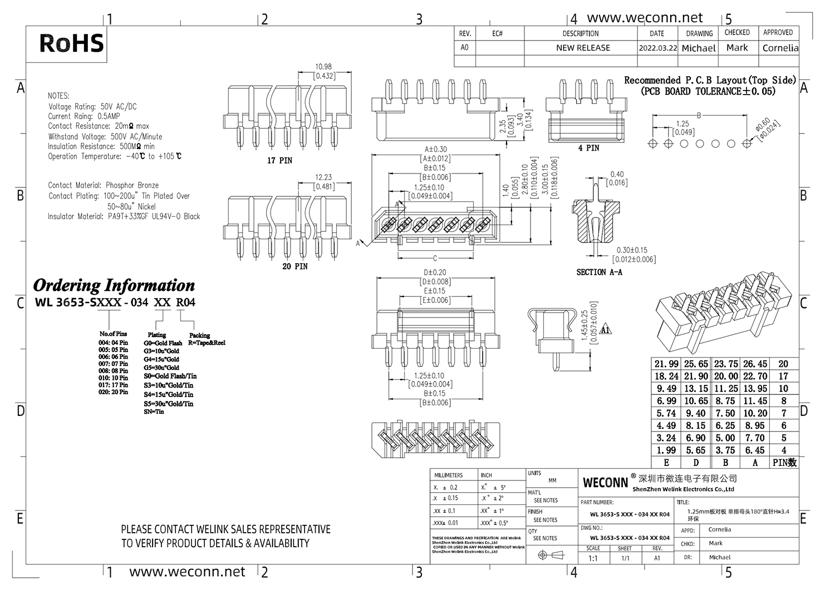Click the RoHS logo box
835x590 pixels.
pyautogui.click(x=71, y=44)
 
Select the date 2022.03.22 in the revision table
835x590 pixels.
pyautogui.click(x=657, y=48)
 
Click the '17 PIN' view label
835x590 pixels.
pyautogui.click(x=279, y=161)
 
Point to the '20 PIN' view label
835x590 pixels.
pyautogui.click(x=294, y=267)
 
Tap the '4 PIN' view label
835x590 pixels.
pyautogui.click(x=588, y=148)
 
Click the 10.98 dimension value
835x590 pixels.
pyautogui.click(x=323, y=67)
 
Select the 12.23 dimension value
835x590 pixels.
pyautogui.click(x=323, y=177)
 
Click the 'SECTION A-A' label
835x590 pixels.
pyautogui.click(x=599, y=272)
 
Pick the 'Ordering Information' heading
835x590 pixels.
pyautogui.click(x=114, y=286)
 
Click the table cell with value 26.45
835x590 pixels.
pyautogui.click(x=755, y=364)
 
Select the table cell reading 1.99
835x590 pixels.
pyautogui.click(x=666, y=450)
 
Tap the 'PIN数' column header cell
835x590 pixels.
pyautogui.click(x=784, y=463)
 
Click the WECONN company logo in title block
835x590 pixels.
pyautogui.click(x=605, y=482)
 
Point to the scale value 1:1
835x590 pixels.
pyautogui.click(x=593, y=558)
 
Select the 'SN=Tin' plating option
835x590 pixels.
pyautogui.click(x=154, y=412)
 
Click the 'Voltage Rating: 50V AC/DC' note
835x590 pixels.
pyautogui.click(x=92, y=107)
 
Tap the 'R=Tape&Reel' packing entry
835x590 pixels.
pyautogui.click(x=207, y=343)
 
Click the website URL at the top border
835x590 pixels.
pyautogui.click(x=645, y=18)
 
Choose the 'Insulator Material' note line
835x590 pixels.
pyautogui.click(x=124, y=217)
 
